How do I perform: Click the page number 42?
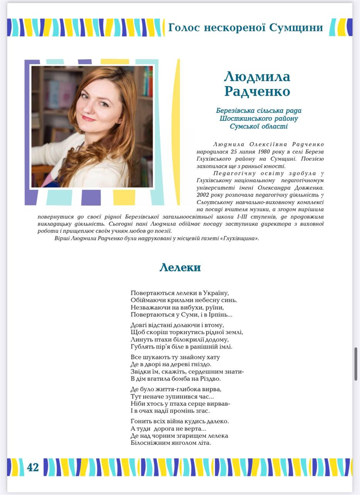tap(33, 467)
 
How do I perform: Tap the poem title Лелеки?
tap(180, 267)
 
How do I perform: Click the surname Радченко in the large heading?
tap(257, 91)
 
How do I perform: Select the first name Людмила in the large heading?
tap(257, 76)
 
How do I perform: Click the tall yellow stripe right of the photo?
tap(178, 132)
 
